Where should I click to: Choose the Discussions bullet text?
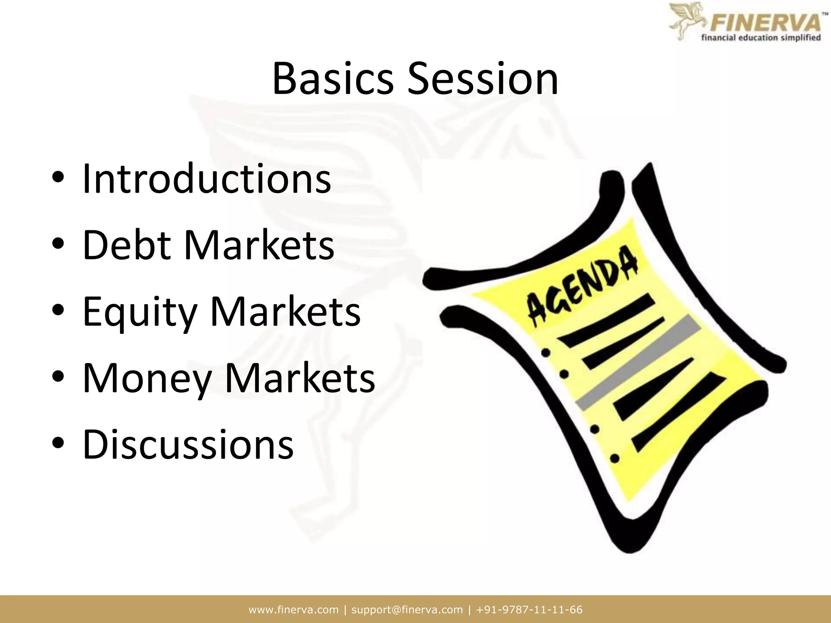click(x=188, y=445)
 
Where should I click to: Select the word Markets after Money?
click(x=299, y=378)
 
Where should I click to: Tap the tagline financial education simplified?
click(x=761, y=38)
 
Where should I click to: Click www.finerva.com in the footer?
click(x=293, y=610)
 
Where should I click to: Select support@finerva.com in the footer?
click(x=407, y=610)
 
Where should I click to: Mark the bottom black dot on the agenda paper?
click(x=615, y=458)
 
